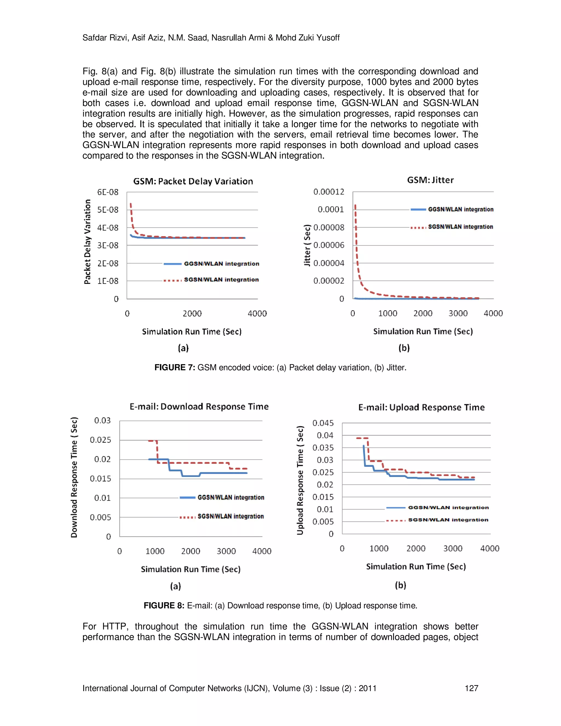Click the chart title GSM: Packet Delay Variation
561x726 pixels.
coord(193,181)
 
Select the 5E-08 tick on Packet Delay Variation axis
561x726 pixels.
coord(108,210)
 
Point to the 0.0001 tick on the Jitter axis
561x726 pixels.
coord(331,209)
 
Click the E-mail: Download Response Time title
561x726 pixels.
coord(199,407)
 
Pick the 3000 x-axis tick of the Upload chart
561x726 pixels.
coord(453,548)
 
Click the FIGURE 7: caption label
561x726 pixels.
coord(174,367)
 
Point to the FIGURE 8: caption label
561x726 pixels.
coord(164,605)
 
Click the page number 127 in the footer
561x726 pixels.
coord(471,688)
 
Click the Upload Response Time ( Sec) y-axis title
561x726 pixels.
coord(300,480)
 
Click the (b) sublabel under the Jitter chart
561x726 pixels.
coord(404,348)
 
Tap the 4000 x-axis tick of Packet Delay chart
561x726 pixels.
coord(257,313)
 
